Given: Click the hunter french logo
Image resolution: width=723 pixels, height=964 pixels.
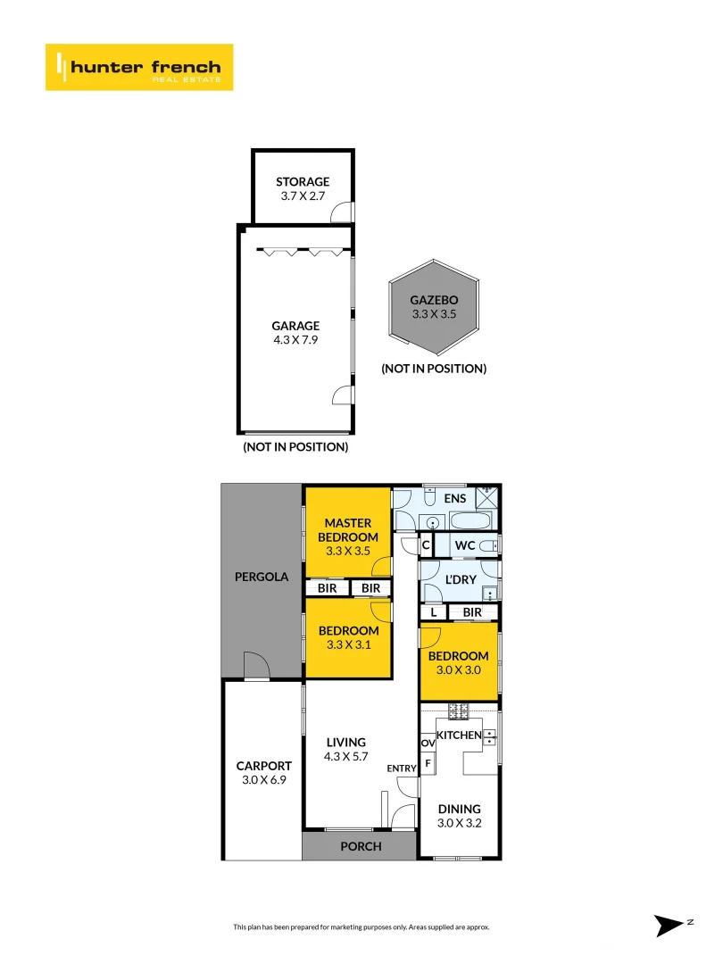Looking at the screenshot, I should point(139,67).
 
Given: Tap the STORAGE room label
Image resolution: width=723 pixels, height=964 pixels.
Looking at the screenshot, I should point(302,181).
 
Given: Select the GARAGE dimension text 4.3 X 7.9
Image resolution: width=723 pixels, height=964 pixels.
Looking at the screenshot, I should point(295,340).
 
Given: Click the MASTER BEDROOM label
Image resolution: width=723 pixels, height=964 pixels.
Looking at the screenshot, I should point(347,529).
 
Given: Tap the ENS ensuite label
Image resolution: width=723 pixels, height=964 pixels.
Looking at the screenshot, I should point(454,498).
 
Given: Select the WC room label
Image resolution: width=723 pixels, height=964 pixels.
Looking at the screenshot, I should point(464,545).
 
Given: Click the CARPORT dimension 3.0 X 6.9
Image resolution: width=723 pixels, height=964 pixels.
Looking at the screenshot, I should point(263,779).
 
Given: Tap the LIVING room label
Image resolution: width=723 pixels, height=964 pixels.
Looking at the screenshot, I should point(345,742).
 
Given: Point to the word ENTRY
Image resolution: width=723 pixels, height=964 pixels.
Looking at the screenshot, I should point(401,769).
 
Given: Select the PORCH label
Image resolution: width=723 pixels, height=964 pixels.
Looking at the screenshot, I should point(361,846).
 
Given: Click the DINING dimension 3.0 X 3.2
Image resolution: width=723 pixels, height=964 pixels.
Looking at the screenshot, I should point(459,823).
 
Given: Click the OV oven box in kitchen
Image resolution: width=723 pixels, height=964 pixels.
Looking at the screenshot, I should point(428,743).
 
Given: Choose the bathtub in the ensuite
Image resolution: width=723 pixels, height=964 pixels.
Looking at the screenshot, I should point(471,521).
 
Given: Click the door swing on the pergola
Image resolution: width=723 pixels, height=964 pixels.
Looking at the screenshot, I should point(255,665).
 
